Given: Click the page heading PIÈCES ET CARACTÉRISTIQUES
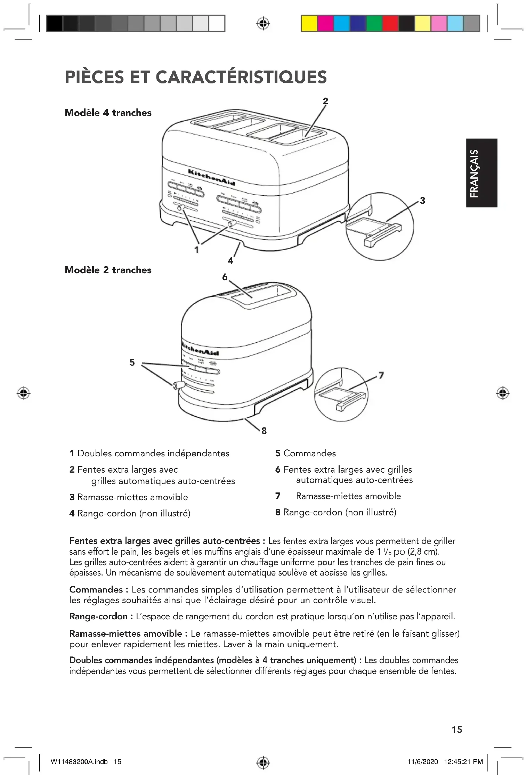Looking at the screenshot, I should [x=196, y=77].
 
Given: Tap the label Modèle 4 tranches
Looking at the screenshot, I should [x=108, y=113].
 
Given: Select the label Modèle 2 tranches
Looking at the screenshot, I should [x=108, y=270].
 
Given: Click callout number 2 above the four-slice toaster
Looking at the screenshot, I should [x=325, y=101].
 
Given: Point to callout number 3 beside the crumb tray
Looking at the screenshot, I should [x=422, y=201].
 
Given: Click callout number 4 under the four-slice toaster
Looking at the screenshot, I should [x=230, y=261].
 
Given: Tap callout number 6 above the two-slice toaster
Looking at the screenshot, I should [x=225, y=277].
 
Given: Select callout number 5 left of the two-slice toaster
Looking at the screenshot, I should [x=132, y=362].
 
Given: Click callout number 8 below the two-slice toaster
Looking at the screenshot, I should [x=264, y=431].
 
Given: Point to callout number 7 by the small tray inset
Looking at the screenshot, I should [x=381, y=375].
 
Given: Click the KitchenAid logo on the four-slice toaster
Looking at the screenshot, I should [x=211, y=177].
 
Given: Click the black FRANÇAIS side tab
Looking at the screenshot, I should [x=481, y=173].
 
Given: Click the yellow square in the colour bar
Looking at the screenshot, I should [x=309, y=24].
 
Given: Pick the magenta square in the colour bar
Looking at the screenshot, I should [x=325, y=24].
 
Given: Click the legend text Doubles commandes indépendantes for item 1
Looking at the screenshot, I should [x=153, y=454].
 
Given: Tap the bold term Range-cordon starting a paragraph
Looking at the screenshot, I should [x=98, y=617].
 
